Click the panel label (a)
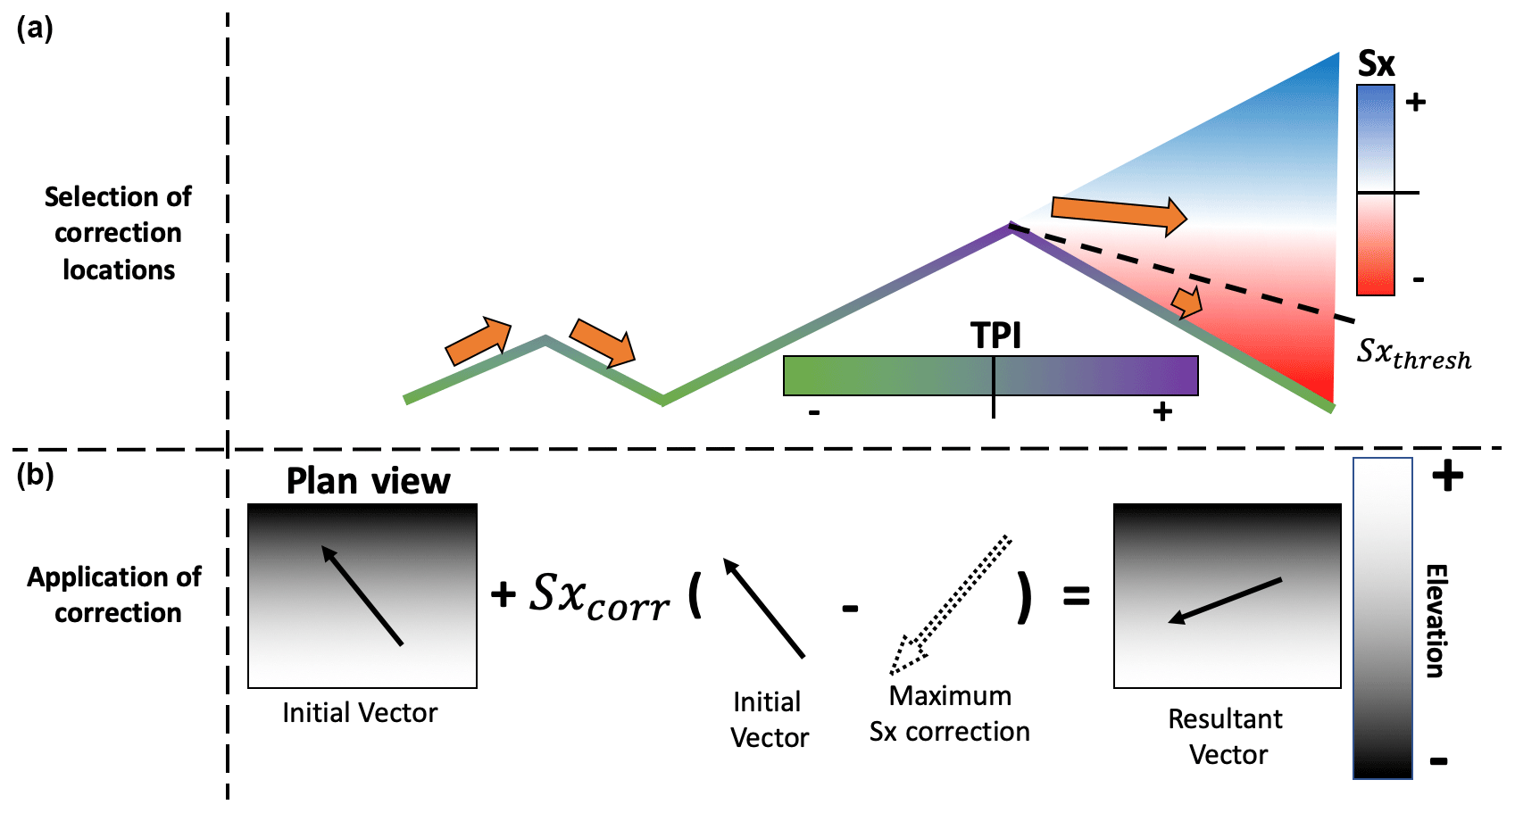[35, 29]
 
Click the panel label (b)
[35, 475]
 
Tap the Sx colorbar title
[1376, 64]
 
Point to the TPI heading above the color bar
[995, 336]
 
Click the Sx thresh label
[1413, 353]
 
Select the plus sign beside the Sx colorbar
[1415, 103]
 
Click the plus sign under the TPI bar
[1161, 411]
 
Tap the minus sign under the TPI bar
[814, 413]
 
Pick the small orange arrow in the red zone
[1186, 303]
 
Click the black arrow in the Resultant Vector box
[1225, 600]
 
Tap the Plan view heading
[368, 481]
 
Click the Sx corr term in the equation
[599, 596]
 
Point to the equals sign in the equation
[1077, 595]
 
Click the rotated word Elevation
[1435, 621]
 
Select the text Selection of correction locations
[118, 233]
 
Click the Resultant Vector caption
[1227, 736]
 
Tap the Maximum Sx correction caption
[950, 713]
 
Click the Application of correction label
[115, 594]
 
